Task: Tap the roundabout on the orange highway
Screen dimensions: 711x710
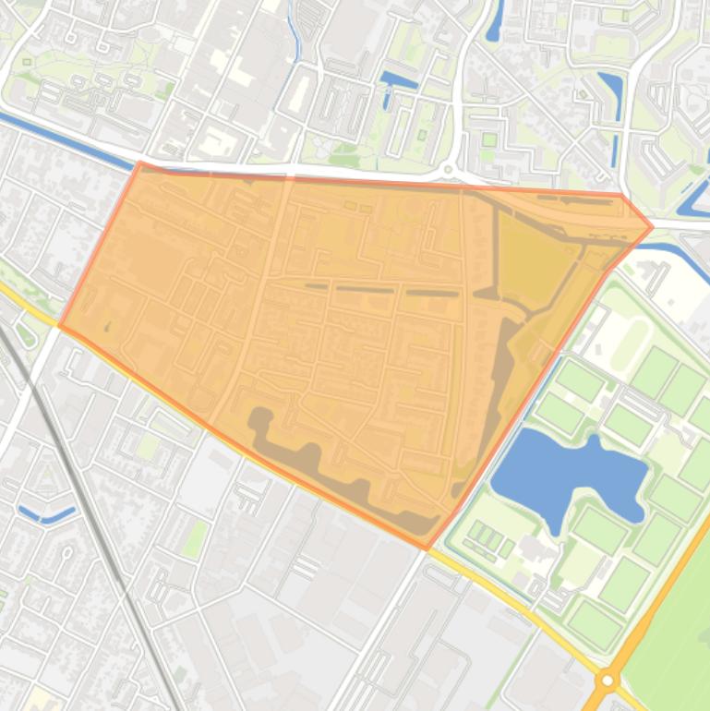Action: coord(607,681)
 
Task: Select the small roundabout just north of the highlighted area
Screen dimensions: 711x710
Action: coord(450,170)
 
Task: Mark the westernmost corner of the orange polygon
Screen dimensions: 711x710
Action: coord(60,325)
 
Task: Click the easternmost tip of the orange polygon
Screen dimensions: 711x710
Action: coord(653,226)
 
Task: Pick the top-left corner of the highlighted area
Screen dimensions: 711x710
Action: coord(139,163)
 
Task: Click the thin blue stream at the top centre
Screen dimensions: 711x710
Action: coord(295,37)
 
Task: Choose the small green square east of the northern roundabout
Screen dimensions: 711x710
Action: coord(488,140)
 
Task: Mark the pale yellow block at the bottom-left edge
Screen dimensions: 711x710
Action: coord(42,698)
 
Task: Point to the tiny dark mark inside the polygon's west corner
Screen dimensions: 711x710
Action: coord(107,326)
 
